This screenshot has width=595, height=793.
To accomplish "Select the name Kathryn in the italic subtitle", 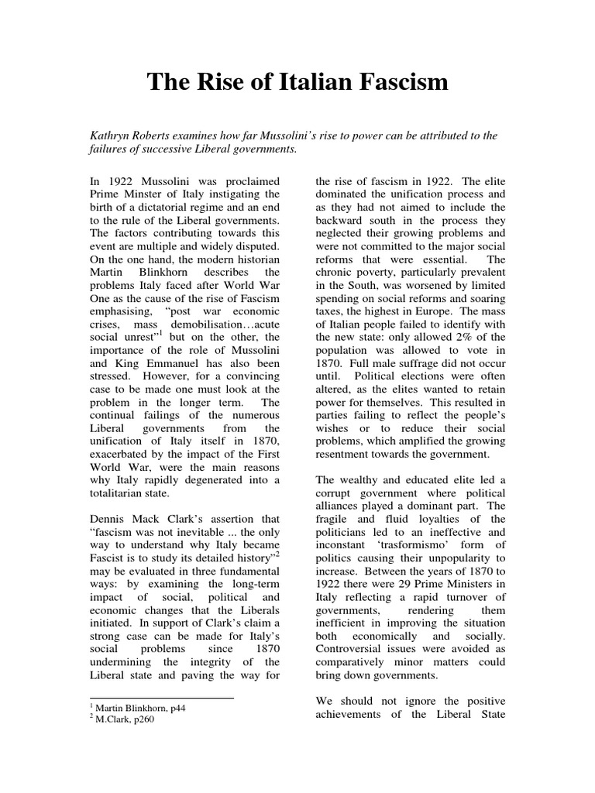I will (x=112, y=136).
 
